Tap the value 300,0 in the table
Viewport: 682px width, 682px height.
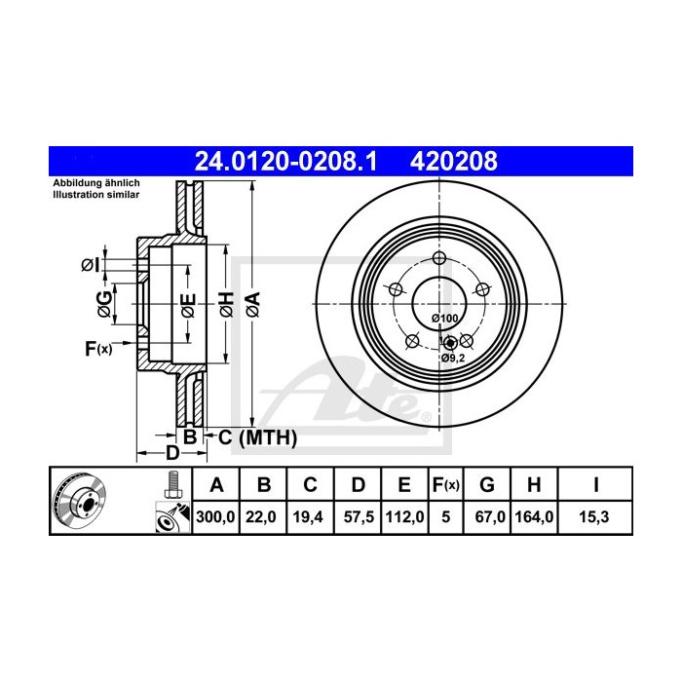click(x=216, y=517)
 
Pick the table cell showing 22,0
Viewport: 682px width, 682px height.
click(x=262, y=517)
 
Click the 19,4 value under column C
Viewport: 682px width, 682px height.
click(x=309, y=517)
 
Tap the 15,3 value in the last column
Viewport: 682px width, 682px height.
click(x=593, y=517)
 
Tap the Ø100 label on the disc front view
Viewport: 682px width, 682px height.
click(x=444, y=319)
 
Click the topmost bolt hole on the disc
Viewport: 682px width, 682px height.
click(x=438, y=258)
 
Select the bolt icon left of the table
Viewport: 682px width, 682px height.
click(x=173, y=482)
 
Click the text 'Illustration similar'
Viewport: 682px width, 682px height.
click(x=95, y=195)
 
